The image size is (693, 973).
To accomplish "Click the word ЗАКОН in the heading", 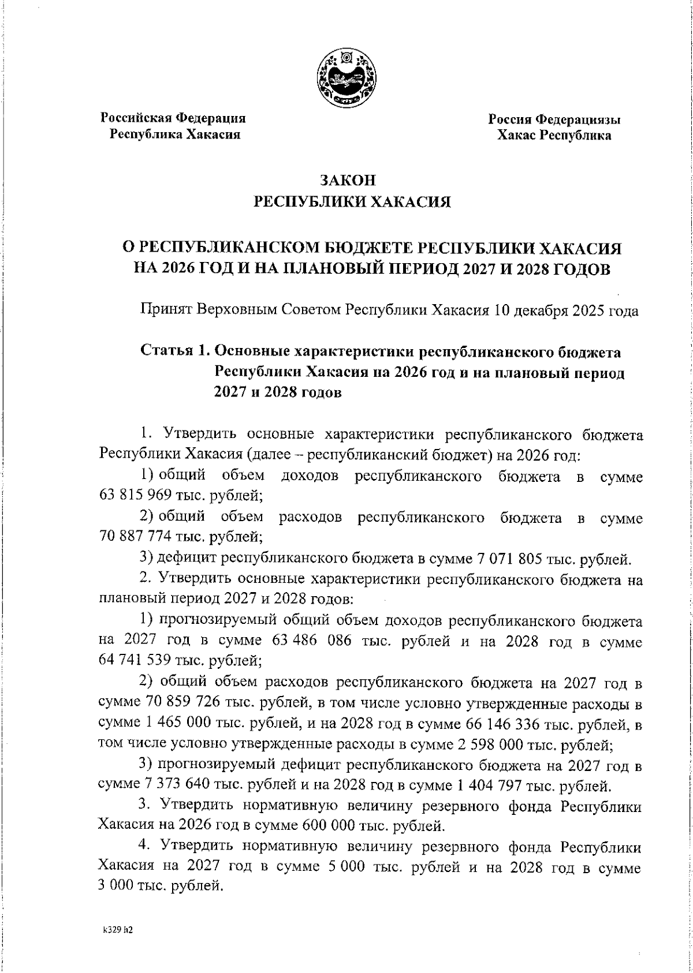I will (x=348, y=181).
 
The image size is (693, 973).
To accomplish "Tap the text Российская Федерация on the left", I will (x=174, y=118).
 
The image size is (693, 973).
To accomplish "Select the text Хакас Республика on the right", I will (x=554, y=136).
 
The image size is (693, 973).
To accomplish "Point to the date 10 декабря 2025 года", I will (x=566, y=311).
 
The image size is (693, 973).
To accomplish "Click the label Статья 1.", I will (x=174, y=352).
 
